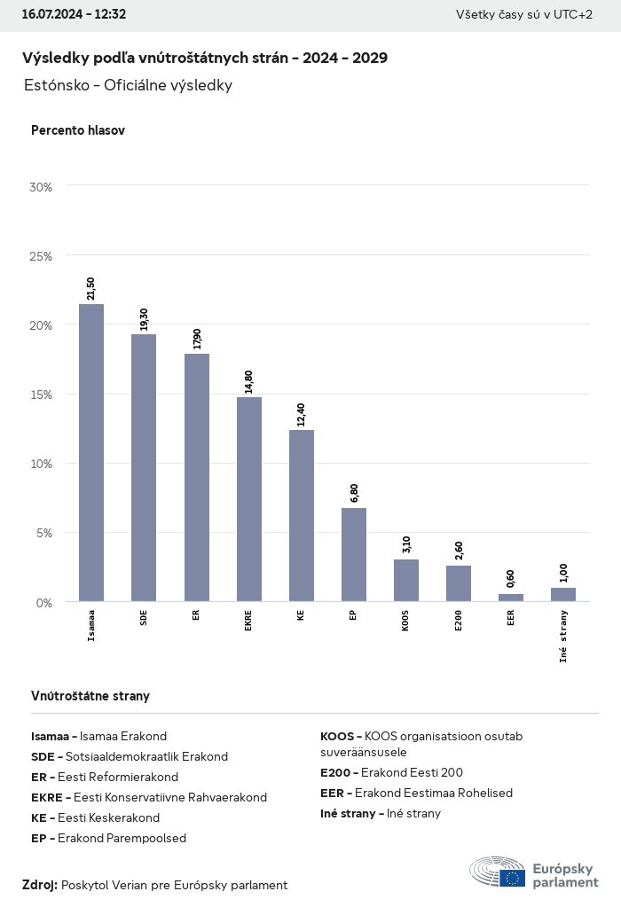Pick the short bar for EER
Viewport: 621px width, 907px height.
[511, 598]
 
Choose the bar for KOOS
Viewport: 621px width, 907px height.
[406, 580]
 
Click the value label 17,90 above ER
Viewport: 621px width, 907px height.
[197, 339]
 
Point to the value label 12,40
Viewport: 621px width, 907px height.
[301, 415]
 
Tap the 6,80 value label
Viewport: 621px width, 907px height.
[354, 493]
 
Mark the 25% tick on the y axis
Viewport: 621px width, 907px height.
[41, 255]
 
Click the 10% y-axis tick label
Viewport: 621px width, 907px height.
[41, 464]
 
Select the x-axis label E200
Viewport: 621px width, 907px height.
[459, 619]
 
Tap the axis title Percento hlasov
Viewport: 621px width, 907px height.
[78, 130]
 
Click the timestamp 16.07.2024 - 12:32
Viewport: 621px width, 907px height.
[74, 14]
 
